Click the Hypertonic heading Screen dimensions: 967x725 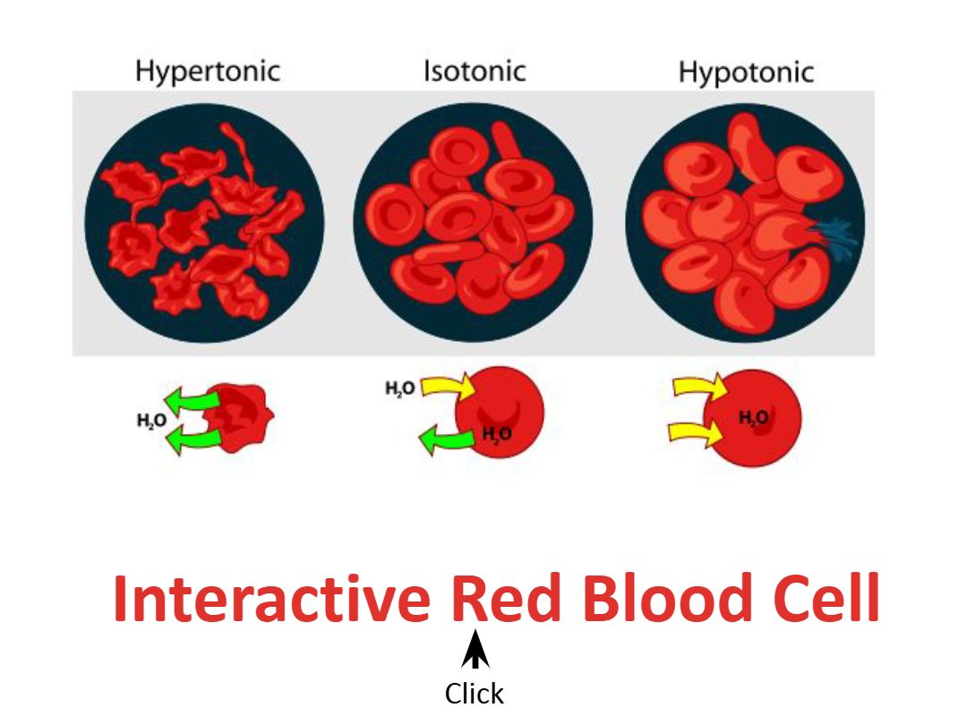point(208,72)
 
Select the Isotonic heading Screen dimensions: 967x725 point(475,71)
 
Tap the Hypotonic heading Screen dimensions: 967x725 point(746,72)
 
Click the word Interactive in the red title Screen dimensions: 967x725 point(272,599)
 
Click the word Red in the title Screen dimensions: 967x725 point(506,598)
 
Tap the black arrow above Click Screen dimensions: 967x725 point(475,649)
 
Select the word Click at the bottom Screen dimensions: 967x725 point(475,695)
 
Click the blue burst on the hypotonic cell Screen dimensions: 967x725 point(834,236)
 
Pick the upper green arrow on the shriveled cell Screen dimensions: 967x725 point(192,399)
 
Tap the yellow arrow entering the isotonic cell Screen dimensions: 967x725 point(448,388)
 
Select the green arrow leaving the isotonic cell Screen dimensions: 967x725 point(449,439)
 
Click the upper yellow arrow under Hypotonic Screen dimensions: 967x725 point(699,388)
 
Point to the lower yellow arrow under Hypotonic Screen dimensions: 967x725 point(697,432)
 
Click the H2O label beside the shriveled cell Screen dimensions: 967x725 point(151,421)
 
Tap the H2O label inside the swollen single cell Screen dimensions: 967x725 point(753,419)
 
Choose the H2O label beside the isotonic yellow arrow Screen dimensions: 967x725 point(399,389)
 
